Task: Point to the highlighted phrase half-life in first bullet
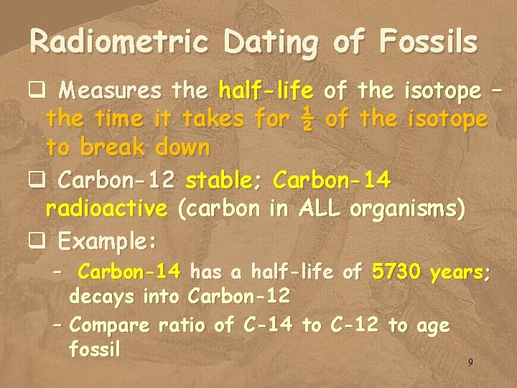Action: click(x=266, y=92)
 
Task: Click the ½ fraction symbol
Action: click(x=306, y=119)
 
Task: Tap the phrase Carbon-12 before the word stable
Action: click(x=118, y=180)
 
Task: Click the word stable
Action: click(x=222, y=180)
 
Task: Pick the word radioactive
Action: click(x=106, y=209)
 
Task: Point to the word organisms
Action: click(x=407, y=210)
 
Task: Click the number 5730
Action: click(x=395, y=272)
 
